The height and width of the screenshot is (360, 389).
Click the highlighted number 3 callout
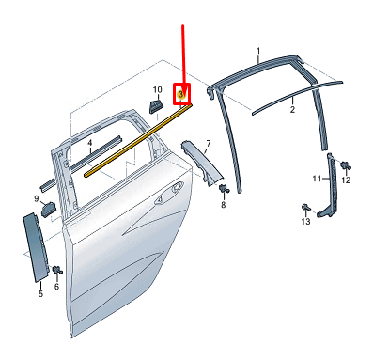(x=183, y=93)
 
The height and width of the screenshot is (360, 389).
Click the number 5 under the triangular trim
(x=40, y=294)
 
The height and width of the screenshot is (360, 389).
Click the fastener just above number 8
(x=223, y=191)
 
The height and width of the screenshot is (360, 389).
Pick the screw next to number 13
(x=305, y=207)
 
